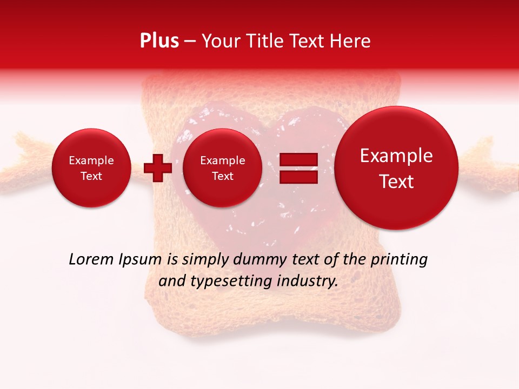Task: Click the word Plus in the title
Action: [x=159, y=41]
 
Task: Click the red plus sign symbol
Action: [x=158, y=167]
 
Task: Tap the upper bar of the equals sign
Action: [x=298, y=159]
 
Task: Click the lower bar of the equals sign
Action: [x=298, y=176]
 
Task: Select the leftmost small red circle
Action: [x=91, y=168]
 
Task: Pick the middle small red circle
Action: [x=223, y=168]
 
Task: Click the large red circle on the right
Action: [x=396, y=168]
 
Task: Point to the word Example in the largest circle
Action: [x=396, y=156]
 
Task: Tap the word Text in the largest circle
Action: [x=396, y=182]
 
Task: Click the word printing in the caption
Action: [x=398, y=260]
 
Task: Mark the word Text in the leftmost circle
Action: [x=91, y=176]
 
